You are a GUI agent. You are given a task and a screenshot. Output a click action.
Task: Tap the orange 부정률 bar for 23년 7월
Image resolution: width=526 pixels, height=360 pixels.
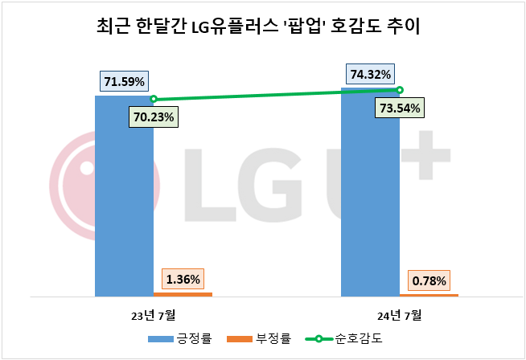[183, 294]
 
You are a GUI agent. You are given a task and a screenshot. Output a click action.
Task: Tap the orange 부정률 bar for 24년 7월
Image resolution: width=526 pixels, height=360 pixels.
[429, 295]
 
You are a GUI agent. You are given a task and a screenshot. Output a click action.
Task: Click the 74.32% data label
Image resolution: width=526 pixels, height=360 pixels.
[371, 75]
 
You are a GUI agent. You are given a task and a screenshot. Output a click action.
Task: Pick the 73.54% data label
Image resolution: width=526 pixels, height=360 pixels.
[401, 108]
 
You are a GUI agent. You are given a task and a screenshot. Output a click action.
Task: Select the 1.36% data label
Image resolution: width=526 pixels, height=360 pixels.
[184, 280]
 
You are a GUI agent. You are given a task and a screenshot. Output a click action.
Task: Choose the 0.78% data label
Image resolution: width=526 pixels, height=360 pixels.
[430, 281]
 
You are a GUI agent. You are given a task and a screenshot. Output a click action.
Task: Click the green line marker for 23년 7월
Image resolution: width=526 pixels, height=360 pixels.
[153, 100]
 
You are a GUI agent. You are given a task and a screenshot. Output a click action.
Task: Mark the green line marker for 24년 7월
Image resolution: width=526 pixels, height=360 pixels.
[400, 90]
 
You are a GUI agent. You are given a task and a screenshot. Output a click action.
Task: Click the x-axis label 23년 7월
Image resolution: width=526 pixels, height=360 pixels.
[153, 313]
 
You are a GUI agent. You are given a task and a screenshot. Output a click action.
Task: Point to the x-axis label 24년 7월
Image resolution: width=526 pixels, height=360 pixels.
[400, 313]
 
